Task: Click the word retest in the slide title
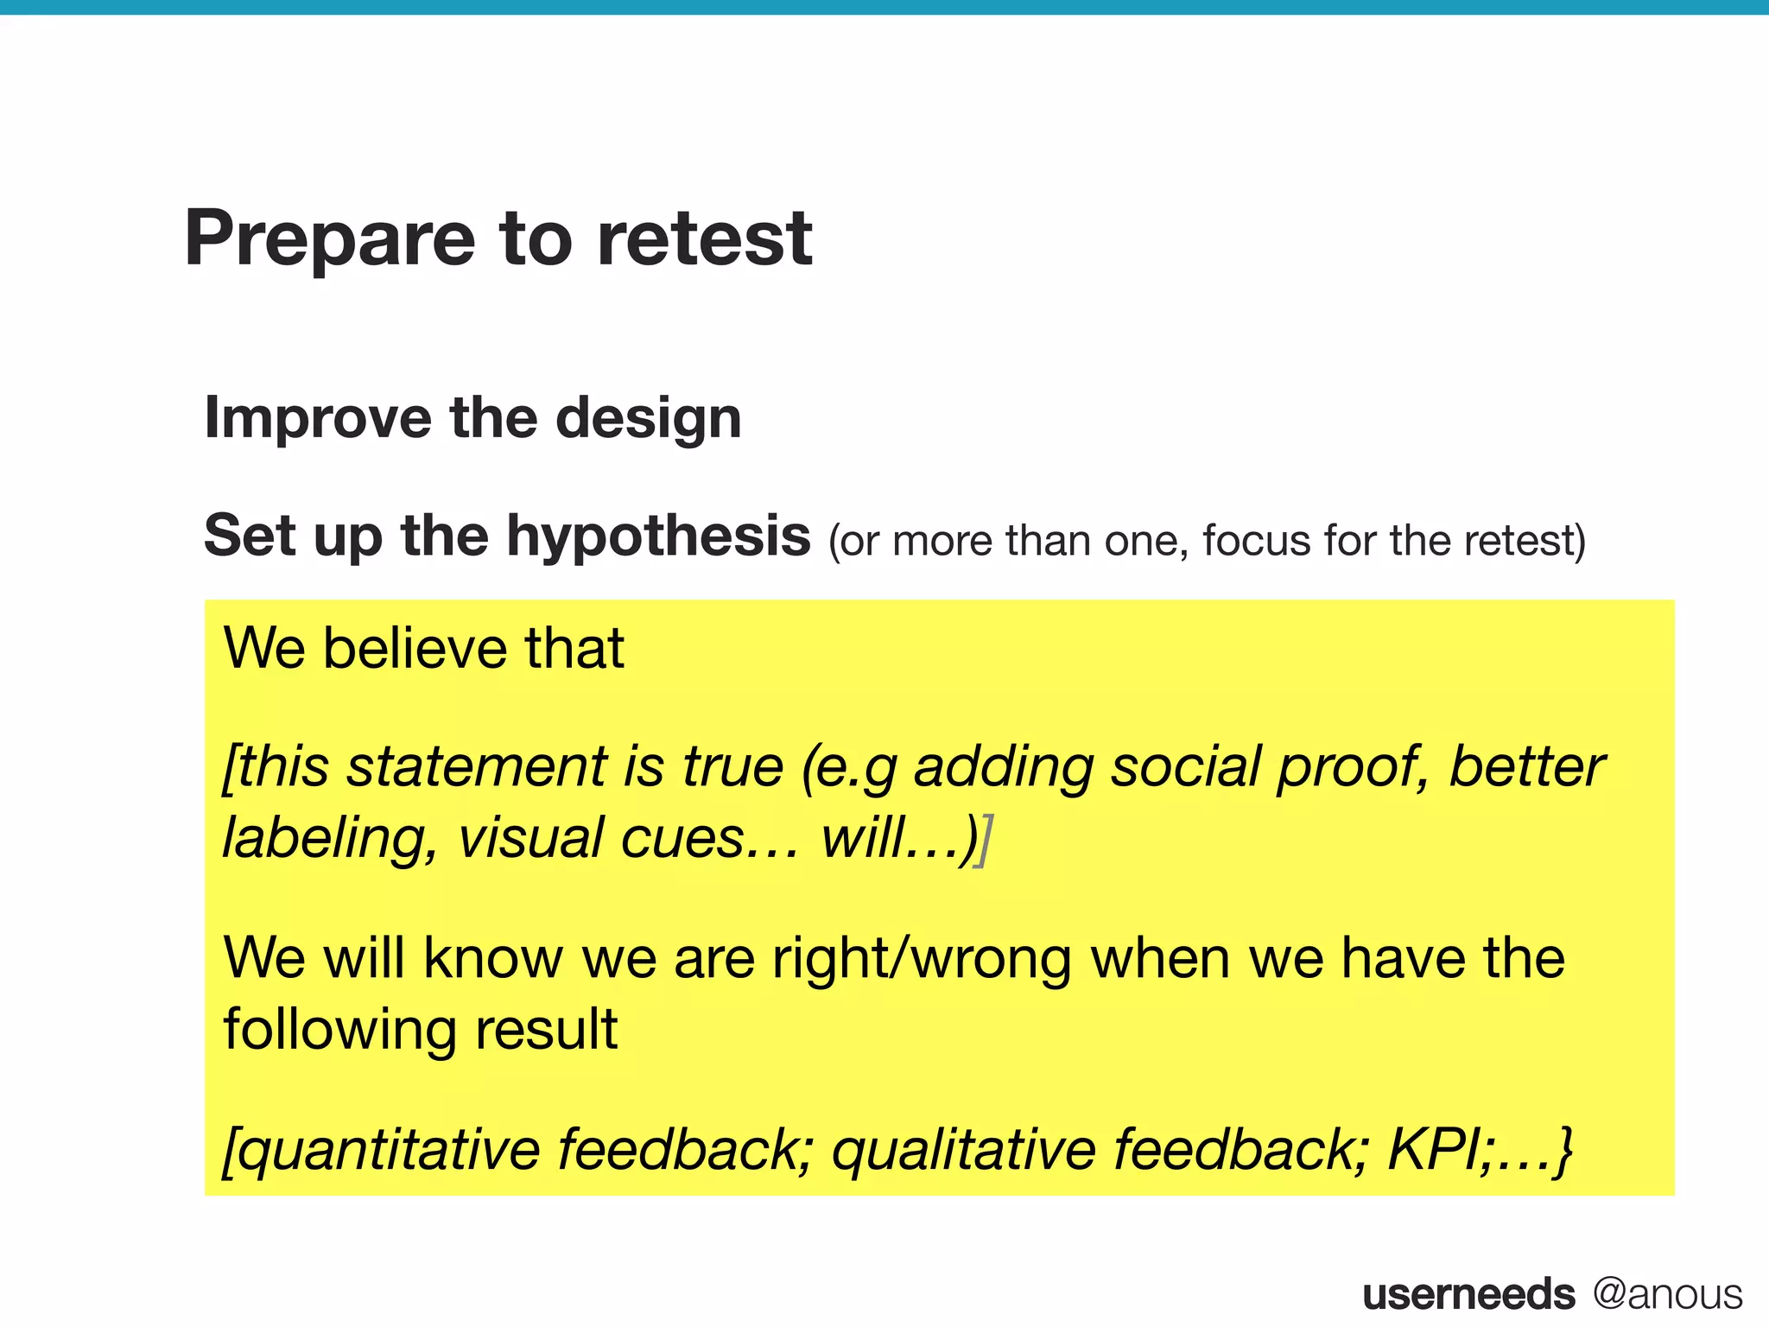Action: pos(704,239)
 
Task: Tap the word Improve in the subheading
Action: pos(316,419)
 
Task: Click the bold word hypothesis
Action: pos(658,537)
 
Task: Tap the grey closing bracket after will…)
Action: pos(984,840)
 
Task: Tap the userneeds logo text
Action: pos(1468,1294)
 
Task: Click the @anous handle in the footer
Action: pos(1667,1294)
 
